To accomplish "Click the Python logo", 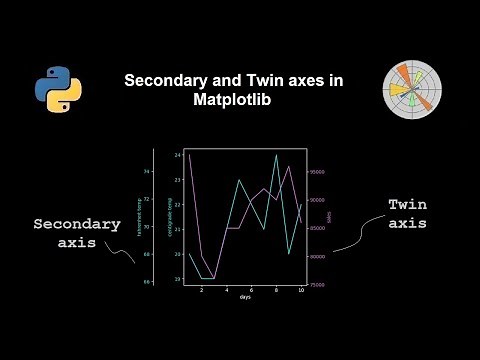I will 58,90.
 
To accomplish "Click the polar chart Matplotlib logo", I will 411,90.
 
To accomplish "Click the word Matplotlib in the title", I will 233,100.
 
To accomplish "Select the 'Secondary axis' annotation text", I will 70,233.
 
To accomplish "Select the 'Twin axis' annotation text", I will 408,214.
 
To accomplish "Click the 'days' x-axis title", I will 245,297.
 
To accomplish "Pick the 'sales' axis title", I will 329,216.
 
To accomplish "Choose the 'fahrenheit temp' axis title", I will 138,216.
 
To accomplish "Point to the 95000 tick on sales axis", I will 317,172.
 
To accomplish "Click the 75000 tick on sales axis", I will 317,285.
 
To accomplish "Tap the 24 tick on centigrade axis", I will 177,155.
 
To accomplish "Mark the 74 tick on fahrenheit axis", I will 147,171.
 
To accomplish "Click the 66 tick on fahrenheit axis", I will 147,282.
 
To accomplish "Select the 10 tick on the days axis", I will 301,290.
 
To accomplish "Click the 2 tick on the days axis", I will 201,290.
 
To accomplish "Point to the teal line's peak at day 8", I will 276,156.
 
